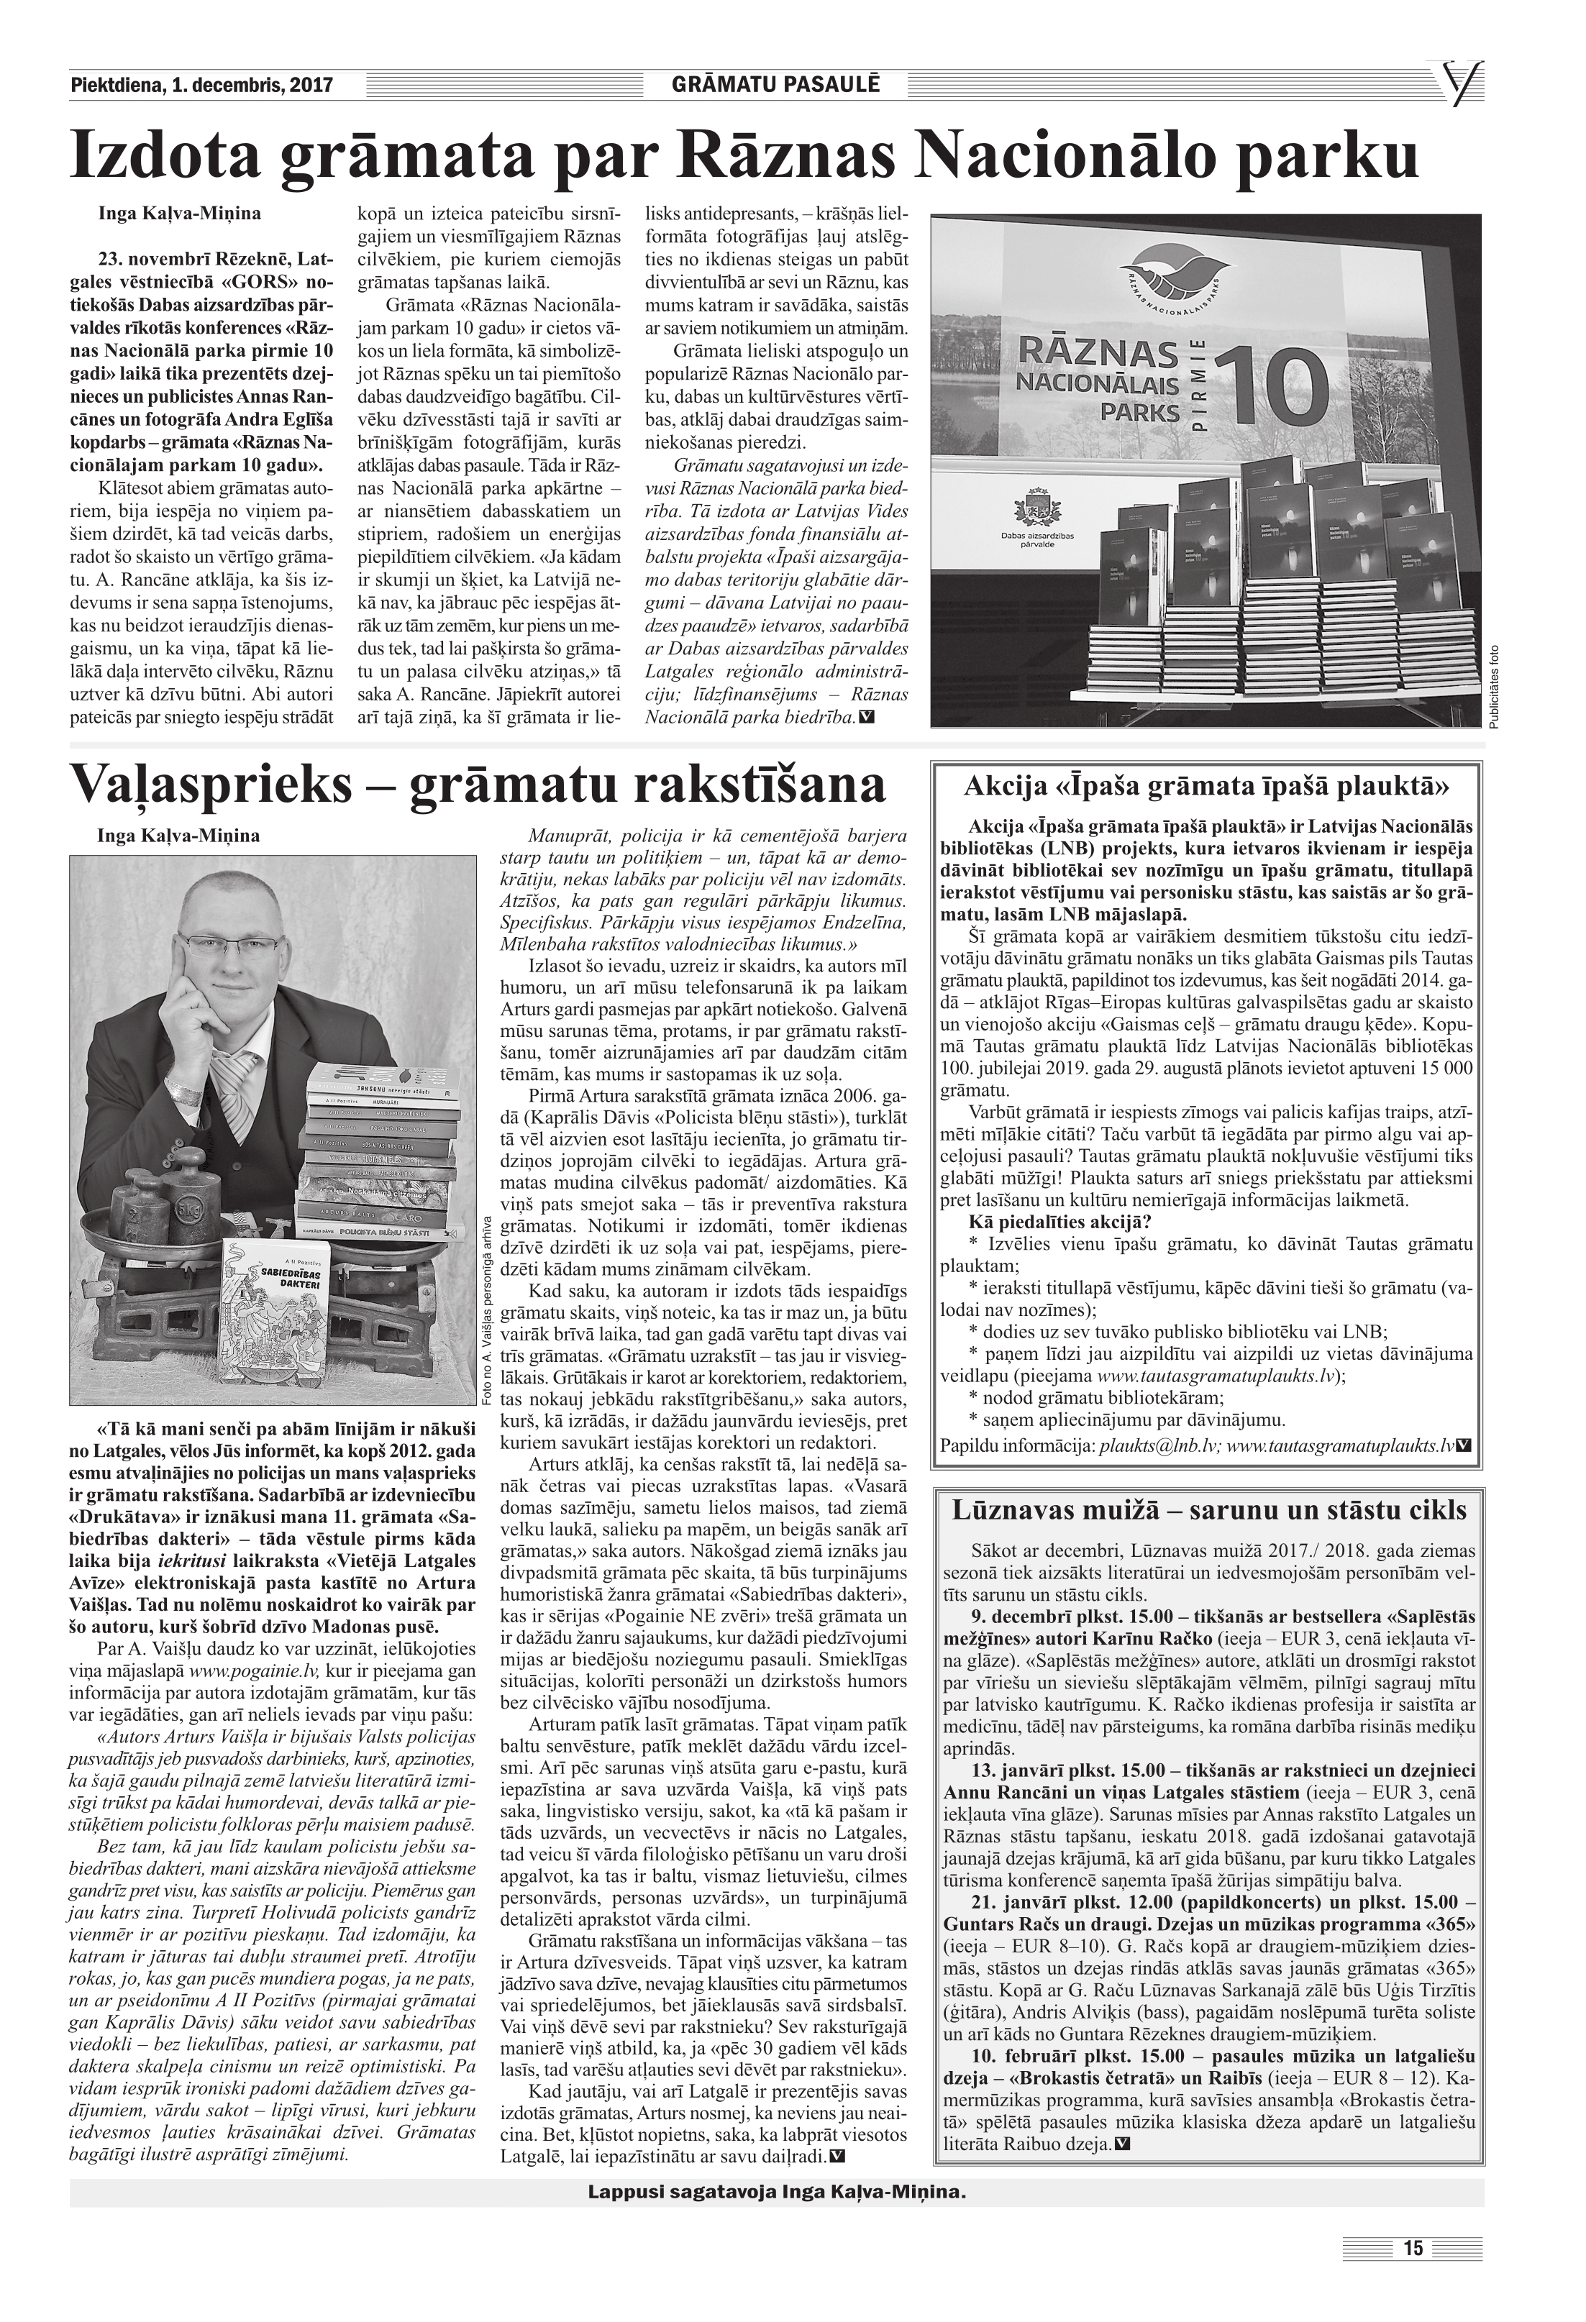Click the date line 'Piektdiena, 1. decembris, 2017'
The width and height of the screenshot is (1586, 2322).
tap(201, 86)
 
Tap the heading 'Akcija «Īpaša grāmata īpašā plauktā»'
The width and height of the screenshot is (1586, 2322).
tap(1206, 786)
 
